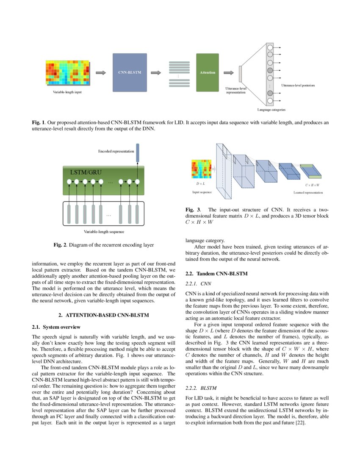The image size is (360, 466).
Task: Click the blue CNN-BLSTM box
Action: (130, 72)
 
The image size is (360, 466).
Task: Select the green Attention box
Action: (208, 72)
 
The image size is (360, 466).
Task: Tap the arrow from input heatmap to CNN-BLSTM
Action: (101, 72)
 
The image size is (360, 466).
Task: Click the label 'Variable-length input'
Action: (67, 93)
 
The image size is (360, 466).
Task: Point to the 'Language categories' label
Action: (271, 110)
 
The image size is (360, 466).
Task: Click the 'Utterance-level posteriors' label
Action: (298, 86)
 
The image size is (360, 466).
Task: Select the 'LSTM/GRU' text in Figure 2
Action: (86, 172)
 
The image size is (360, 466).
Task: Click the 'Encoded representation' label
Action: (116, 151)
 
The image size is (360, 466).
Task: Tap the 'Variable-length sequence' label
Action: (104, 232)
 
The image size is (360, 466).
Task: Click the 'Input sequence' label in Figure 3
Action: (202, 192)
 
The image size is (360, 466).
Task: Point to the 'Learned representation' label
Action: (308, 192)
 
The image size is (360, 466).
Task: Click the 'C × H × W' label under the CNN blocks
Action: (312, 185)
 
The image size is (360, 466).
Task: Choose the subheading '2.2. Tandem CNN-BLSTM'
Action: (211, 273)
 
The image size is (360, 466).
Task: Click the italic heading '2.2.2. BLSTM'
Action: (201, 388)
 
